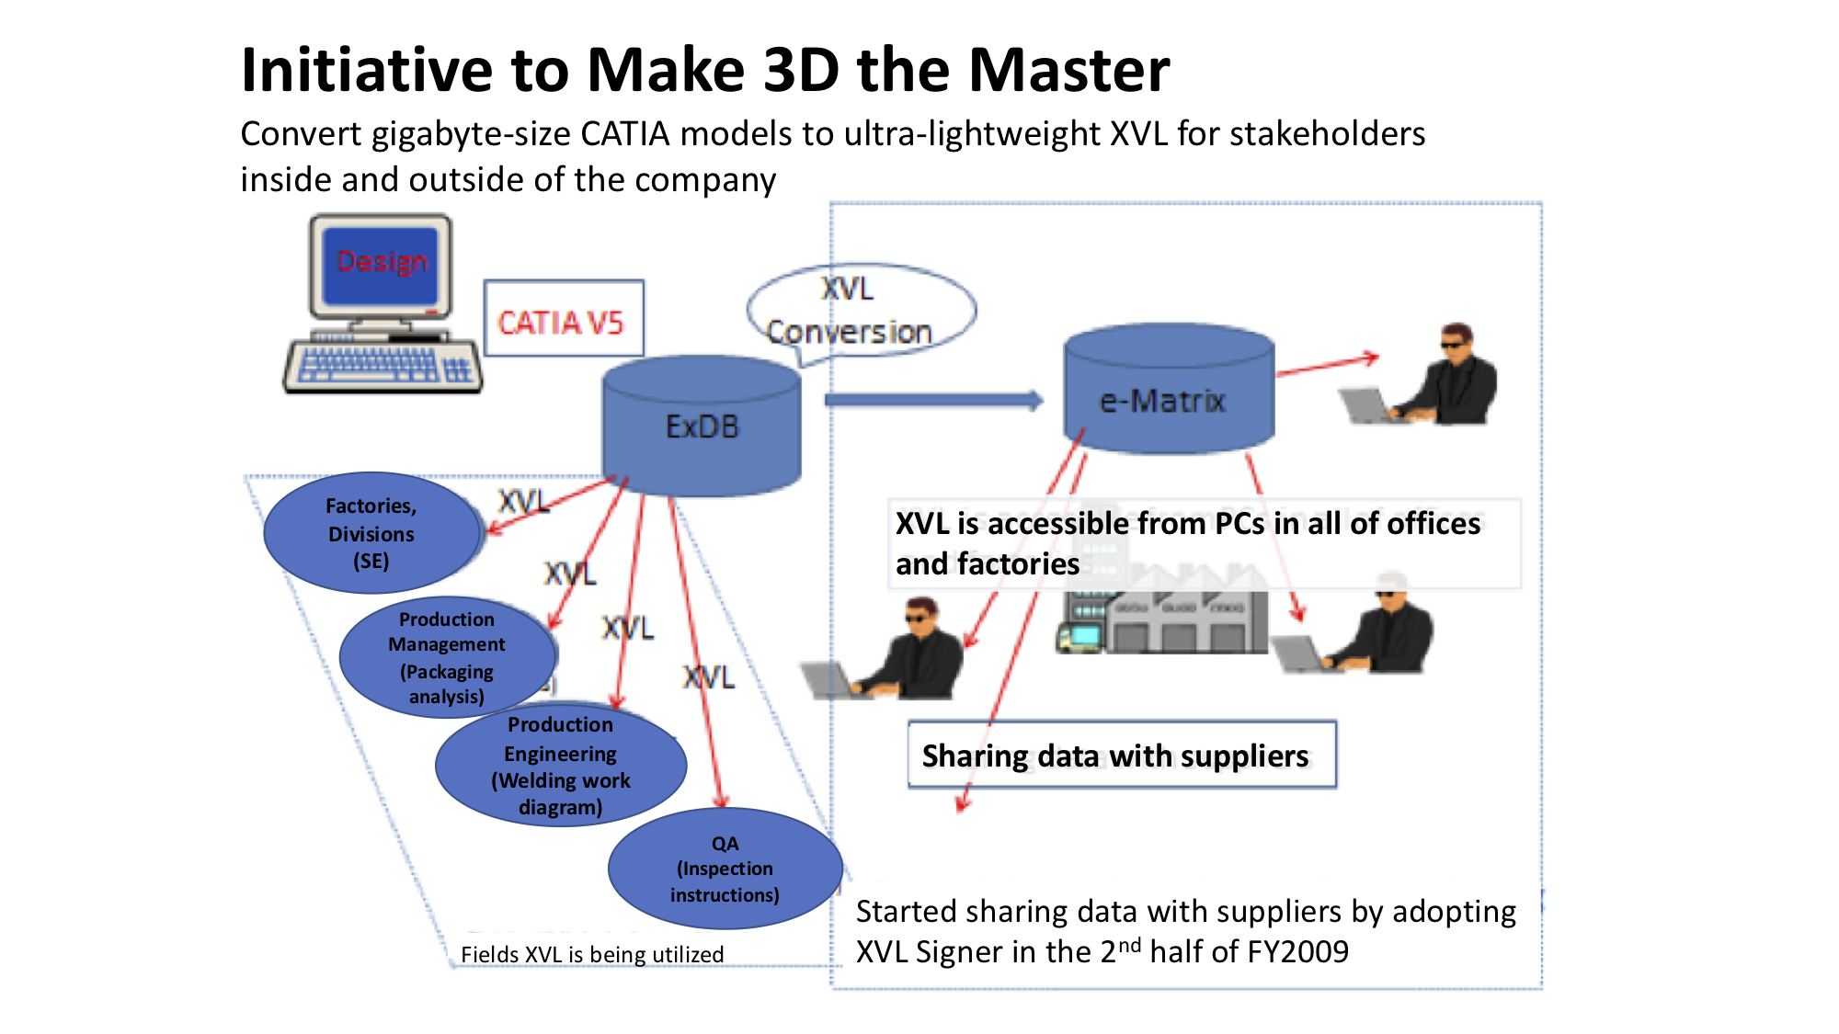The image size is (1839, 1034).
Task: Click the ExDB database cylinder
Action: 702,427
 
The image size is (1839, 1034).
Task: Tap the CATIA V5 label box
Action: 563,319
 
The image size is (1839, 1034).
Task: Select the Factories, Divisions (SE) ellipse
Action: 372,533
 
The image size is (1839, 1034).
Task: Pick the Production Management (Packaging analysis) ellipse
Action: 447,658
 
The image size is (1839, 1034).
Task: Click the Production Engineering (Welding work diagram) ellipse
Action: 560,766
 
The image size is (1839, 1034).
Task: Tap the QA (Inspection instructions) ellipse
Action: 725,869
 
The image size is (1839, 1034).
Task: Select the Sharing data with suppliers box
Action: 1121,756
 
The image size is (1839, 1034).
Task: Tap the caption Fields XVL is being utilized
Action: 592,955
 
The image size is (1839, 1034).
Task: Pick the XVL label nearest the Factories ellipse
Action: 523,502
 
